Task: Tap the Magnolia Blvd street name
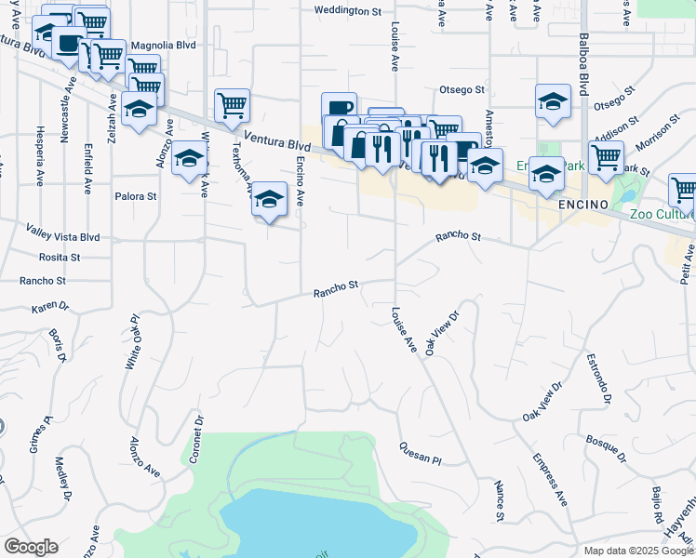click(x=164, y=44)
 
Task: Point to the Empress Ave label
click(x=550, y=479)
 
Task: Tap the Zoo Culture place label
click(x=663, y=212)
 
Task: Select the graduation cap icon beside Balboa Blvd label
click(x=553, y=100)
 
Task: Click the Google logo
click(x=32, y=547)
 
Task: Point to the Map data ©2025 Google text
click(x=637, y=551)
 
